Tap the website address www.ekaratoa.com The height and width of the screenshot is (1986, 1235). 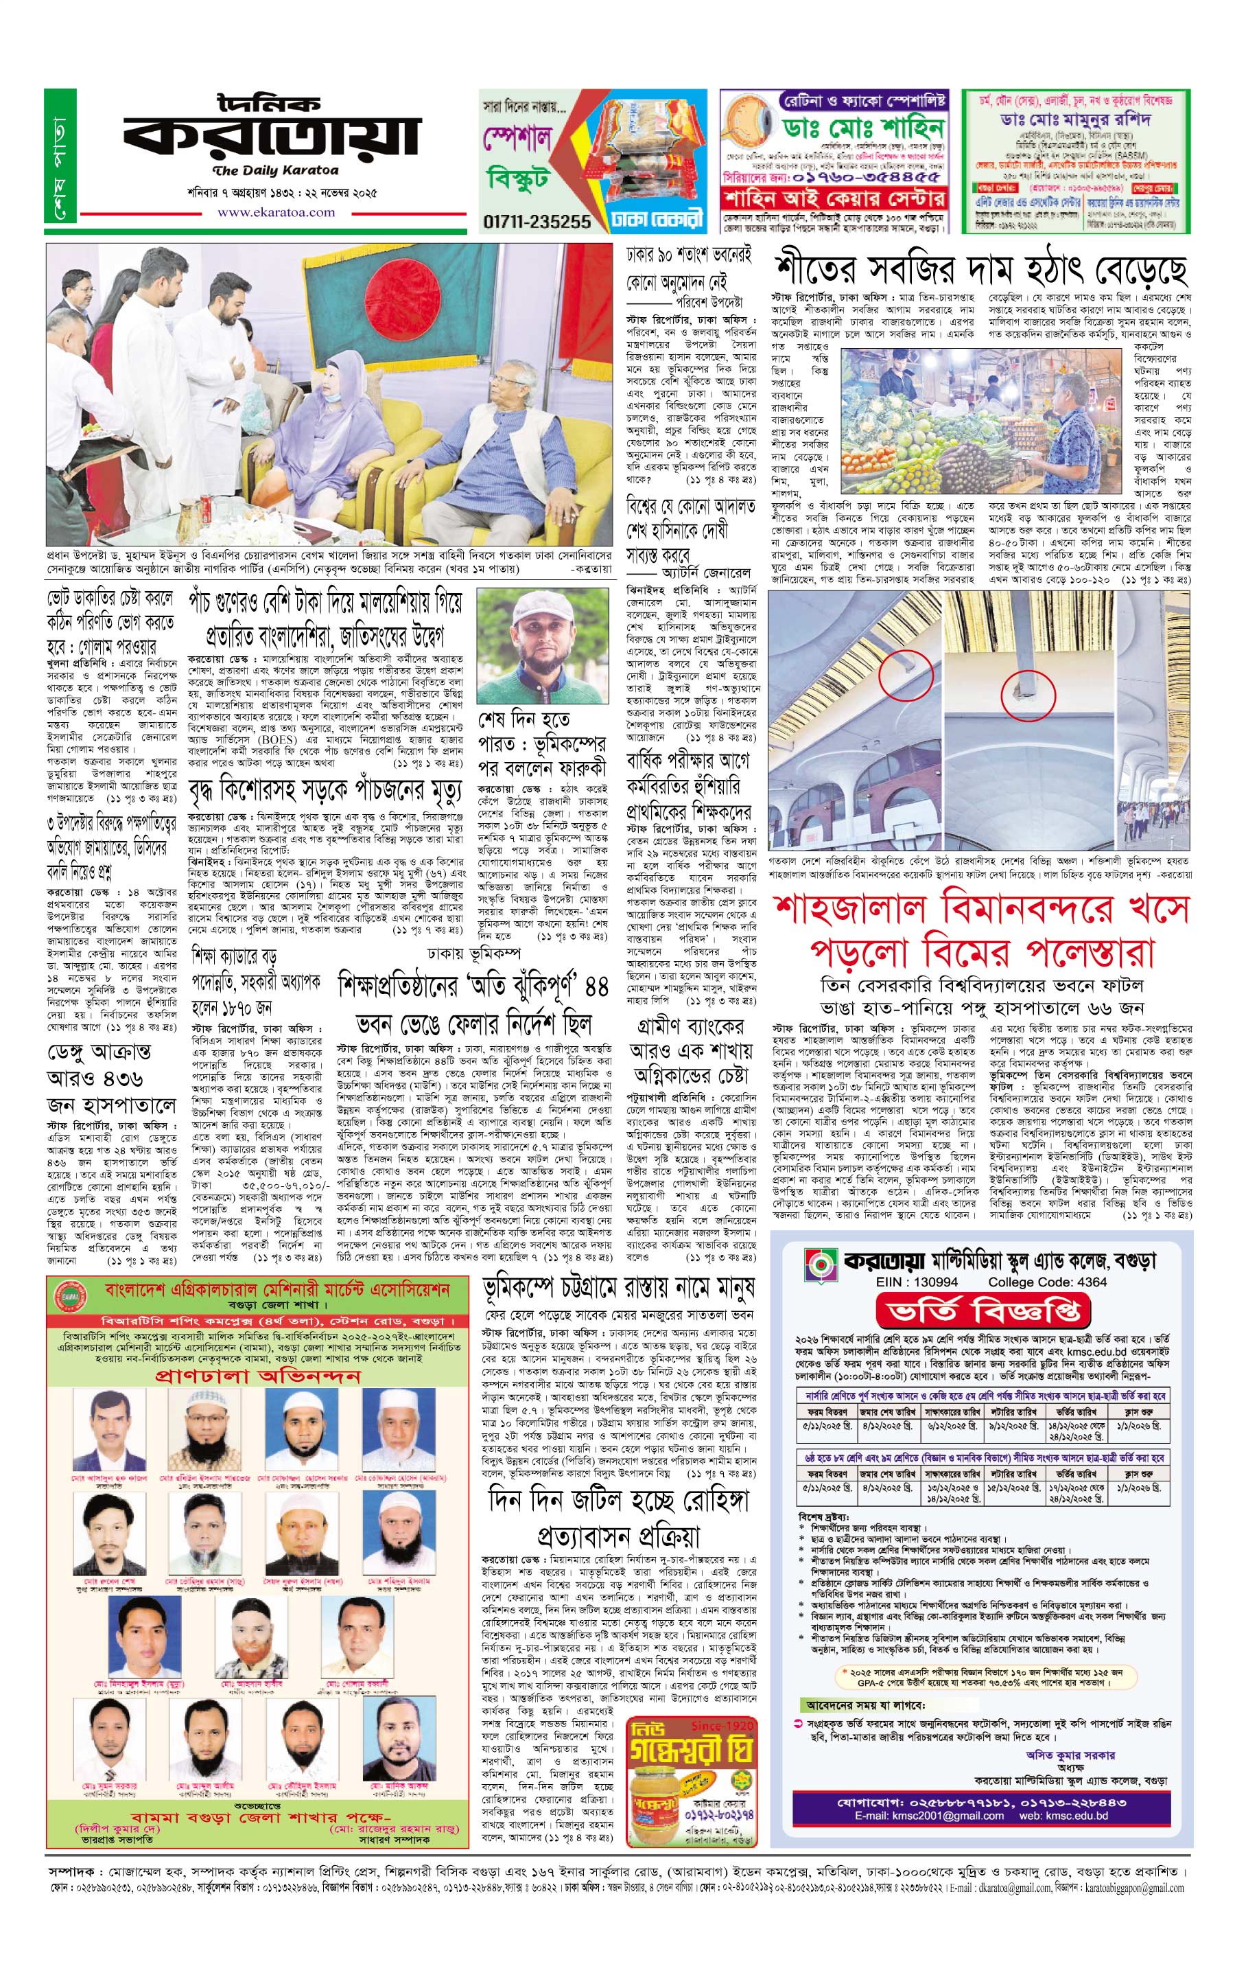275,213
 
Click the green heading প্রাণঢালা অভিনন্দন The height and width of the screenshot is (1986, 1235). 257,1376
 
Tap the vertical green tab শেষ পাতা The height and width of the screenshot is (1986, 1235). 60,155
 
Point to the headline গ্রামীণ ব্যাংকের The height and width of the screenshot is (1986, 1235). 691,1026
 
